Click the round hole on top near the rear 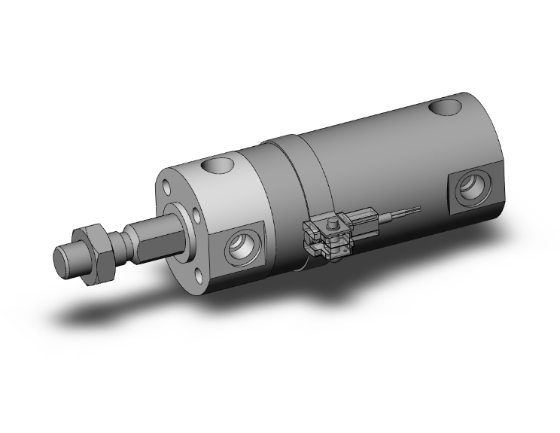tap(452, 107)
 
